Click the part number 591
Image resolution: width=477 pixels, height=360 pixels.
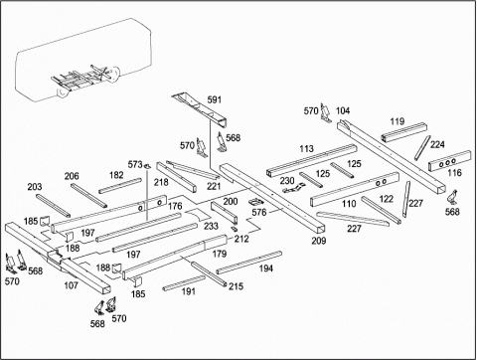tap(214, 99)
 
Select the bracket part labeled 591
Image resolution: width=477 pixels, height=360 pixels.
tap(201, 109)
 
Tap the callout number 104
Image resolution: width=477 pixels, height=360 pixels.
tap(343, 110)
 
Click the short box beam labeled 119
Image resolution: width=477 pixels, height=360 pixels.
tap(403, 132)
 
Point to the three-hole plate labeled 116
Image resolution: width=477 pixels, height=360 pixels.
tap(449, 161)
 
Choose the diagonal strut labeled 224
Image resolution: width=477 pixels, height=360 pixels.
tap(422, 148)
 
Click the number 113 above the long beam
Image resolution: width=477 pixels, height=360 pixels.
tap(306, 149)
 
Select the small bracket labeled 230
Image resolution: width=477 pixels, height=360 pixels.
tap(294, 189)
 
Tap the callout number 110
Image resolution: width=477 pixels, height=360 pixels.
tap(349, 203)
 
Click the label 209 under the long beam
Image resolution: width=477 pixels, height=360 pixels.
tap(319, 241)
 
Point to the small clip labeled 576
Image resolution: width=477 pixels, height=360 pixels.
tap(256, 202)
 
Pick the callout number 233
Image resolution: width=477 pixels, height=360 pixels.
tap(211, 226)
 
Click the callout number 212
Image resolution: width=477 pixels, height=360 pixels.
tap(241, 239)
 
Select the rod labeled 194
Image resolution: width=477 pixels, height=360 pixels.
tap(249, 263)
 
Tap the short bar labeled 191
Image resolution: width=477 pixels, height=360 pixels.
tap(184, 282)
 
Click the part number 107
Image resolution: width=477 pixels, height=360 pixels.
tap(71, 285)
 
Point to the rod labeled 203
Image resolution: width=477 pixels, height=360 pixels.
tap(53, 206)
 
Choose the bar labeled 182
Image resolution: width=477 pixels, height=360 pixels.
tap(120, 186)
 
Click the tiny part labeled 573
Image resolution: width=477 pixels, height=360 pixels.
tap(148, 165)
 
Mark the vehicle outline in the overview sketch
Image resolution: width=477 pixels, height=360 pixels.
tap(82, 60)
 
